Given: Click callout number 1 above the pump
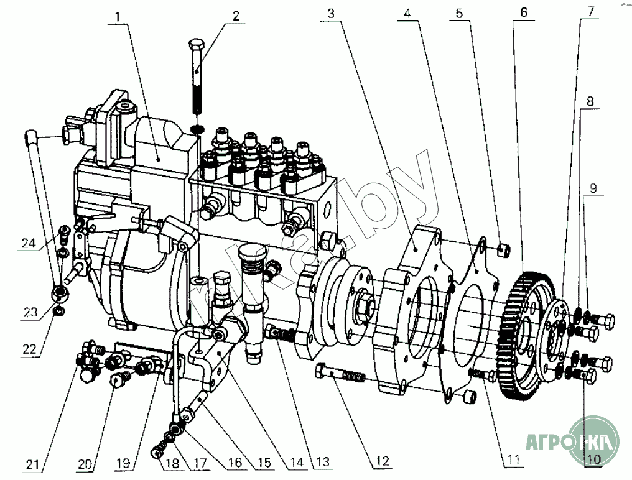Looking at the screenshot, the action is [118, 17].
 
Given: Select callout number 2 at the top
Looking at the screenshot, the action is [236, 16].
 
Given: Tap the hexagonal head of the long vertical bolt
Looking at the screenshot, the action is [197, 43].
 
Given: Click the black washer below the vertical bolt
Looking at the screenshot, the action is [197, 129].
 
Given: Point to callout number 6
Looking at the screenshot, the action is [524, 12].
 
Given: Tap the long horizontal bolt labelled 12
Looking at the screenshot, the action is [340, 374].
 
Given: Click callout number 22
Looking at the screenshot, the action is [29, 349].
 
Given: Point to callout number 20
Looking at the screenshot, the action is [85, 464].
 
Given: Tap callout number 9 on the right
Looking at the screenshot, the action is [593, 188].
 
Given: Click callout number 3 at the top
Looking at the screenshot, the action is [331, 13].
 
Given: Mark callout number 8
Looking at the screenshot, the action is [590, 101].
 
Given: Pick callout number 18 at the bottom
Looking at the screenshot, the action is [172, 463].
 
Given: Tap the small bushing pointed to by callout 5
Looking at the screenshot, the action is [503, 251].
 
